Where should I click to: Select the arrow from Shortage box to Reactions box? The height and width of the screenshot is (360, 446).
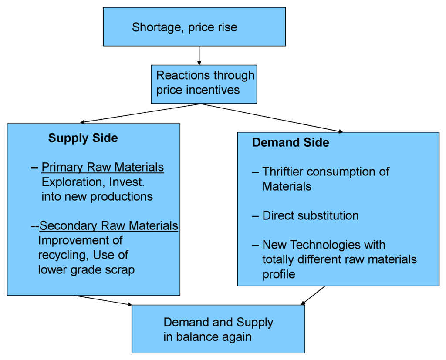(x=199, y=55)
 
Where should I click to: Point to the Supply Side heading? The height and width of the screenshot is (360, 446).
(x=83, y=138)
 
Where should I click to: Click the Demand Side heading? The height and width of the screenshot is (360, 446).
(x=291, y=142)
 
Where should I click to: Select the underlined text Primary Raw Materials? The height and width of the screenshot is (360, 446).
(x=103, y=168)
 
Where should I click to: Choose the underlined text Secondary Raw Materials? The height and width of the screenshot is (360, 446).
(x=109, y=225)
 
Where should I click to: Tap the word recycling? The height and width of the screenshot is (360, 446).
(x=62, y=255)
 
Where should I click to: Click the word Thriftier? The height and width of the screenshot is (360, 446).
(x=287, y=172)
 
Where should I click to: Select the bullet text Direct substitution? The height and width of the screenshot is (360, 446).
(x=311, y=215)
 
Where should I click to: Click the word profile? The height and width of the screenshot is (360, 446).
(x=279, y=274)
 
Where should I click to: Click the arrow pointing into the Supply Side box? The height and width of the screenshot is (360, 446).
(x=139, y=114)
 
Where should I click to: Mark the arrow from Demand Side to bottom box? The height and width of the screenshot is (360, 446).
(x=314, y=295)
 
